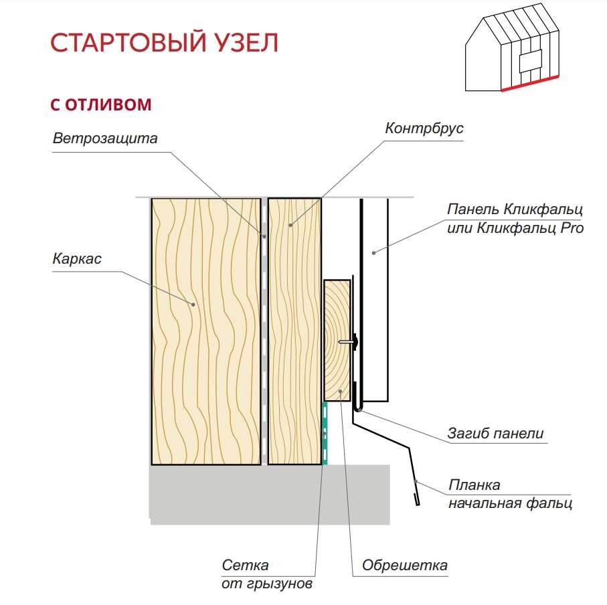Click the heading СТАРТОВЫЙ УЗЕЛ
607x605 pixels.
click(164, 43)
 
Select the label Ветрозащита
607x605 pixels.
click(105, 139)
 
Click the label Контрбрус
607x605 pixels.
click(424, 128)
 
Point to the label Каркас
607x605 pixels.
click(77, 259)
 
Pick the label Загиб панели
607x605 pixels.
click(495, 433)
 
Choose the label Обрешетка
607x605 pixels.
click(404, 566)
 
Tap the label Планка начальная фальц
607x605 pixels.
click(509, 494)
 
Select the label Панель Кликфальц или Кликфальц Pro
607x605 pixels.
click(515, 218)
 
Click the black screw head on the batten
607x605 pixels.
click(355, 342)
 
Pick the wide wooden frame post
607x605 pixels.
click(205, 331)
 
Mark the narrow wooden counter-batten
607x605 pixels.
click(294, 331)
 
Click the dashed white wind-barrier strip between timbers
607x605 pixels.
click(264, 331)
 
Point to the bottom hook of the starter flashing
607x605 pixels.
click(417, 499)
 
